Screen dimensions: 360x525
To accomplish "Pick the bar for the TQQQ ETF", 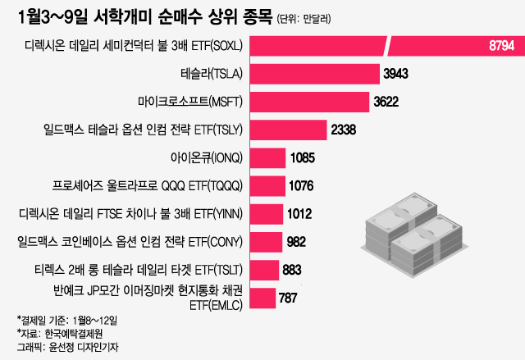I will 267,185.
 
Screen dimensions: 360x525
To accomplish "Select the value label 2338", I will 344,130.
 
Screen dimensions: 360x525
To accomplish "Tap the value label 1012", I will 299,214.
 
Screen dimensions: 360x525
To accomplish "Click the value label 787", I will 288,298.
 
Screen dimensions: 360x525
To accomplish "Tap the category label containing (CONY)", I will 130,242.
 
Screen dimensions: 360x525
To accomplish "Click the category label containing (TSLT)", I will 135,270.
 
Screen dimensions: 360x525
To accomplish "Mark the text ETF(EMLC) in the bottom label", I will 215,305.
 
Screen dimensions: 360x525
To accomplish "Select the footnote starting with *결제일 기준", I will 67,318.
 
